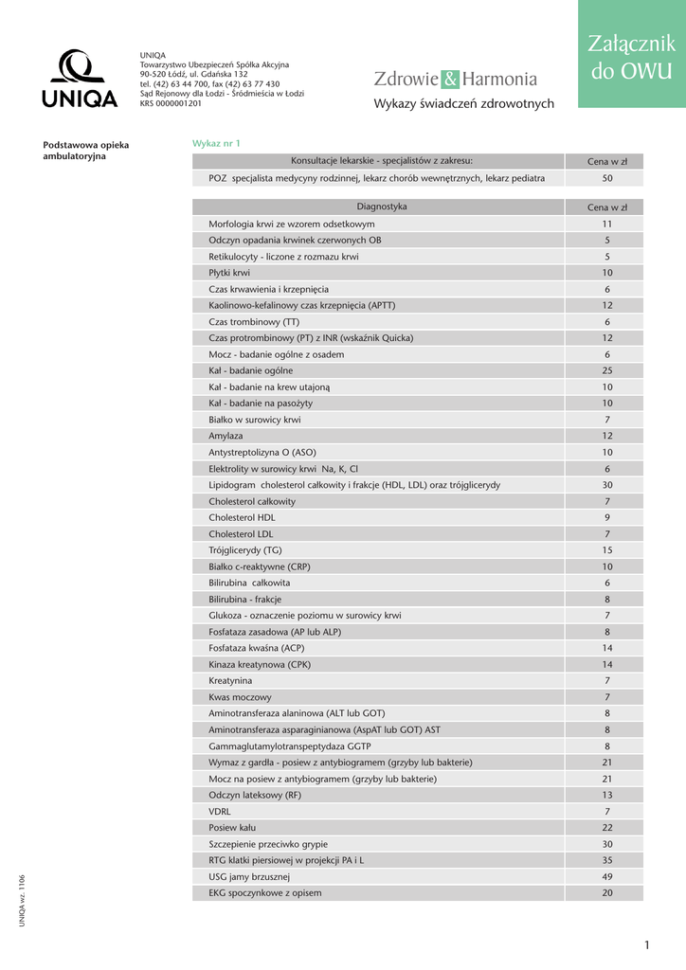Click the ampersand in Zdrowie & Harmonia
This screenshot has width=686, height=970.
click(x=451, y=80)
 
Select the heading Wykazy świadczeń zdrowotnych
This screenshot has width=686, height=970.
click(x=463, y=104)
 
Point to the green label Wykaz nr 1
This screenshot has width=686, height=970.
click(x=216, y=143)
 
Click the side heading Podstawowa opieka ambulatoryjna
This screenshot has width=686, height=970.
click(x=86, y=151)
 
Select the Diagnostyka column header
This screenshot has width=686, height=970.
click(x=382, y=207)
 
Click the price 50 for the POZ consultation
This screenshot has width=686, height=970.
click(x=607, y=178)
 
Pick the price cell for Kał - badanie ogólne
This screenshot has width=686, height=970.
click(x=607, y=370)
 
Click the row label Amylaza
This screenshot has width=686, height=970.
click(x=226, y=436)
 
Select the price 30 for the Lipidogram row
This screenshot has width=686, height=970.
click(x=607, y=485)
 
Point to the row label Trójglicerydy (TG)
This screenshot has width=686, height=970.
click(x=245, y=550)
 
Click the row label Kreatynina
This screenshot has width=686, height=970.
click(x=230, y=681)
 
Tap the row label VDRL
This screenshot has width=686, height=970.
click(x=220, y=812)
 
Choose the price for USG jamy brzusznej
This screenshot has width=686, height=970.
click(x=607, y=877)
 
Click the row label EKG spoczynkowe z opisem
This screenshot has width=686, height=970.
click(x=265, y=893)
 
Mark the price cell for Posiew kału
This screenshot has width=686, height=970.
click(x=607, y=828)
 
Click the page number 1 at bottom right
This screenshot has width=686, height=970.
click(x=646, y=945)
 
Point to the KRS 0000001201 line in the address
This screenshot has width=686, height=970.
click(x=171, y=103)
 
